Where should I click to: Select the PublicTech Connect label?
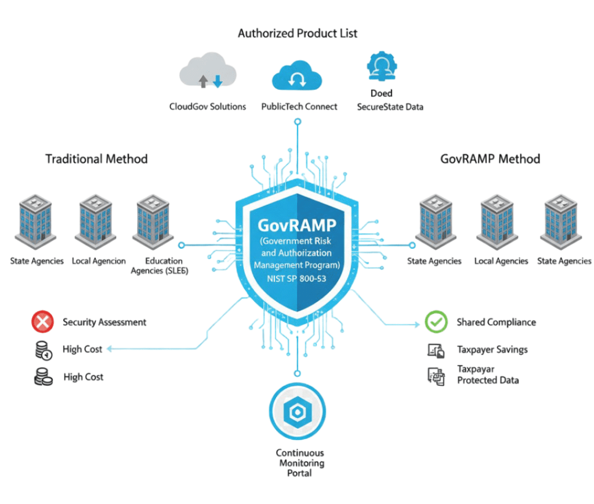299,107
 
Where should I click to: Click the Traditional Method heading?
97,159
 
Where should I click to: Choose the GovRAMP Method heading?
491,159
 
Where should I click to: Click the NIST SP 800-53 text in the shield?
297,278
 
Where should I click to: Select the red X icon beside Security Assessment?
42,322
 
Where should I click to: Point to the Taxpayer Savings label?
492,350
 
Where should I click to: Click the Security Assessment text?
104,322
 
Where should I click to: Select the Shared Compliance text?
496,322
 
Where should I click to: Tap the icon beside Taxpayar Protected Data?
435,376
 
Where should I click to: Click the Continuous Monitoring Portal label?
300,463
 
